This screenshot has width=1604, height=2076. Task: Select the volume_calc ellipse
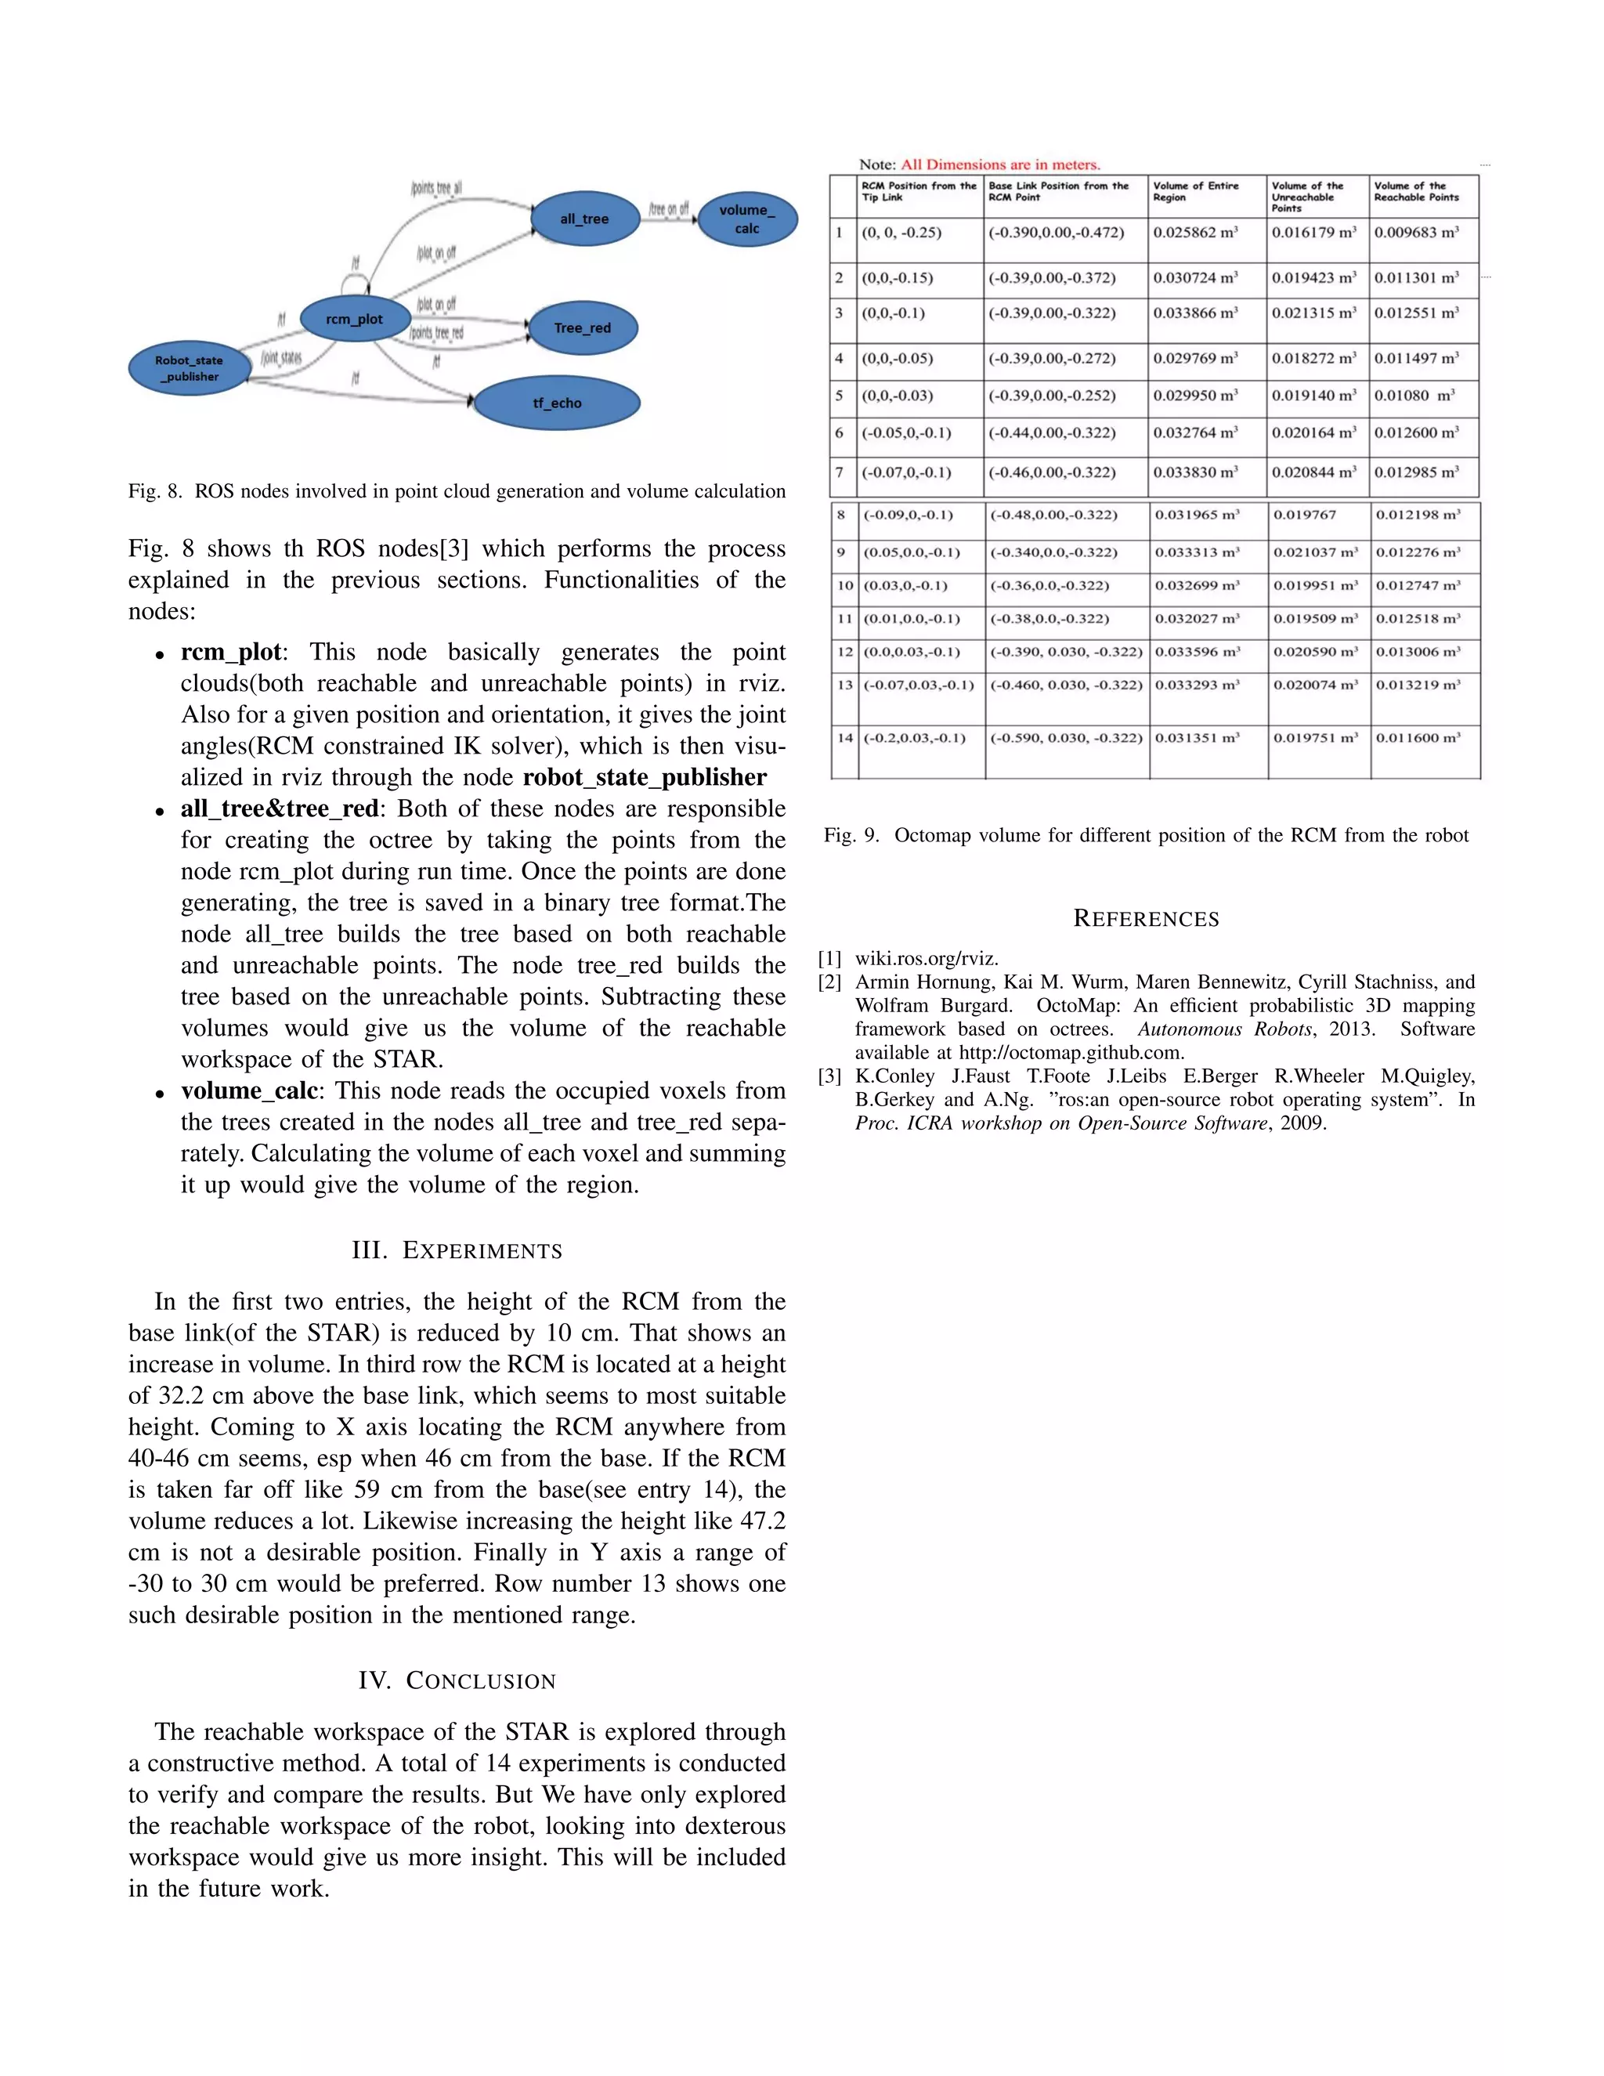pyautogui.click(x=747, y=219)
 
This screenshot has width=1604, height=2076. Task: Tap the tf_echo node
pyautogui.click(x=557, y=403)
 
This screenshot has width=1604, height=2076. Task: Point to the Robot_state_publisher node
pyautogui.click(x=189, y=368)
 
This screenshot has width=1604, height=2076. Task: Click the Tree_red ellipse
pyautogui.click(x=583, y=328)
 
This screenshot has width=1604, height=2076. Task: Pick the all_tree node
pyautogui.click(x=584, y=219)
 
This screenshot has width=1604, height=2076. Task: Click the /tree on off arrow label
pyautogui.click(x=669, y=208)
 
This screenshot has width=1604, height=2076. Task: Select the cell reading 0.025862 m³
pyautogui.click(x=1195, y=232)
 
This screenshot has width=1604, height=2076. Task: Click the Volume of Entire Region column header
pyautogui.click(x=1195, y=191)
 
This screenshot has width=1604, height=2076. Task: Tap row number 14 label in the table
pyautogui.click(x=845, y=738)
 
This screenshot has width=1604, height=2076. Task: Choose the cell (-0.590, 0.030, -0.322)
pyautogui.click(x=1065, y=738)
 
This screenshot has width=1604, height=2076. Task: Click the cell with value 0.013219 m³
pyautogui.click(x=1418, y=685)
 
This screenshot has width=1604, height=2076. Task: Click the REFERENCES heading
pyautogui.click(x=1146, y=918)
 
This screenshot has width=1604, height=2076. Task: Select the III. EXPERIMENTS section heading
pyautogui.click(x=457, y=1250)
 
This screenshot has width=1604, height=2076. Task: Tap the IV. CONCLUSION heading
pyautogui.click(x=457, y=1680)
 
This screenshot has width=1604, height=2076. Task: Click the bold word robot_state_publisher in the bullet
pyautogui.click(x=645, y=778)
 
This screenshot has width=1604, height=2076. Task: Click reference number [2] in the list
pyautogui.click(x=829, y=982)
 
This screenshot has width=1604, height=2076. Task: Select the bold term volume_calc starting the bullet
pyautogui.click(x=249, y=1090)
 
